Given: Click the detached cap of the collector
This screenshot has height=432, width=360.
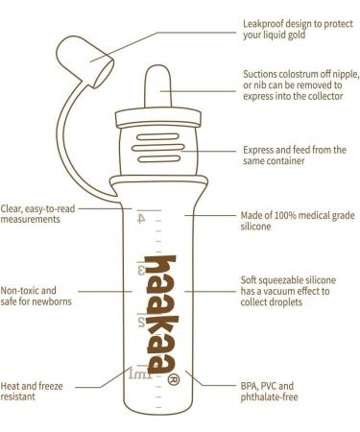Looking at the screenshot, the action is [x=84, y=60].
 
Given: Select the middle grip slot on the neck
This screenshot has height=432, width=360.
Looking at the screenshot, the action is [x=158, y=148].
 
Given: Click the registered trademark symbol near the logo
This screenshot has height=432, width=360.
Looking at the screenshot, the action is [x=174, y=379].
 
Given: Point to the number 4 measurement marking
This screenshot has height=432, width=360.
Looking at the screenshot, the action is [x=141, y=219].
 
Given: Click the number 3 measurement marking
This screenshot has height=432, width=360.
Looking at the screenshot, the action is [x=141, y=270].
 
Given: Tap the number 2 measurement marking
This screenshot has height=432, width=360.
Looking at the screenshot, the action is [x=141, y=322].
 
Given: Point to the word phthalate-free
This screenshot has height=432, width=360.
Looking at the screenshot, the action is [x=269, y=397].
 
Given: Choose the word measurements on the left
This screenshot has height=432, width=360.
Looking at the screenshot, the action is [x=31, y=220].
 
